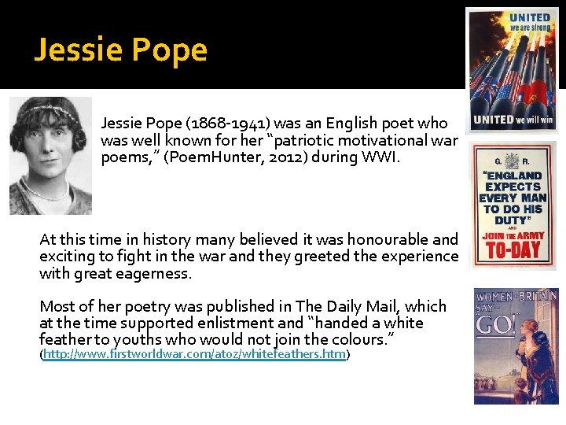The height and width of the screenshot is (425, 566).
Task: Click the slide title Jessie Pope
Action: [x=120, y=50]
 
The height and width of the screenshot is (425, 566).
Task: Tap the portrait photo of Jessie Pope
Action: [x=50, y=156]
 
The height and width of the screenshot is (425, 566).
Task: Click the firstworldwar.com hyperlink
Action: [x=195, y=355]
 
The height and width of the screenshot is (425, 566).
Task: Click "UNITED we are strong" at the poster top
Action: [x=529, y=21]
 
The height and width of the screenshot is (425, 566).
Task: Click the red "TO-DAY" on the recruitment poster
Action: [x=513, y=251]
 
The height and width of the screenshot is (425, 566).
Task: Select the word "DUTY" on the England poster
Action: [x=507, y=220]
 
